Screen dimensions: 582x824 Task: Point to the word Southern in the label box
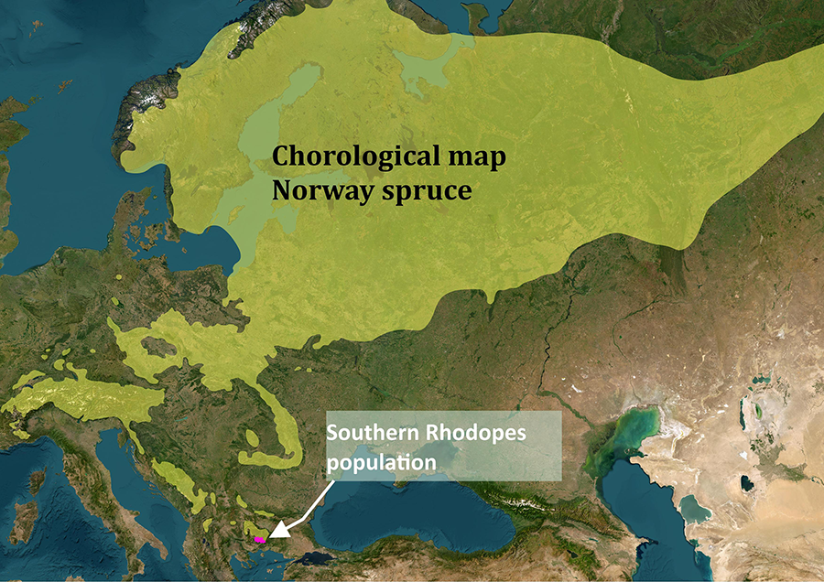(371, 433)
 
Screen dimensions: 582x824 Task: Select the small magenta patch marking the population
(260, 541)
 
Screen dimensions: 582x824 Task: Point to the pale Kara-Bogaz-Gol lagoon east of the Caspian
(695, 509)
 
